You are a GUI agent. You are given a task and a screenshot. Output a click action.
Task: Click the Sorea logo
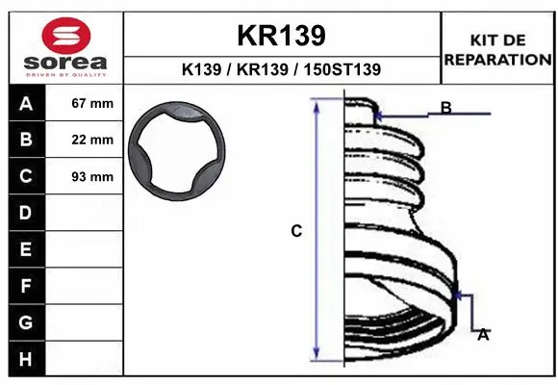[64, 47]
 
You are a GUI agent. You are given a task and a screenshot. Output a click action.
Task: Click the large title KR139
[281, 36]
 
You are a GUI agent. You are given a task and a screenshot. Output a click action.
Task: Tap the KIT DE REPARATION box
[497, 49]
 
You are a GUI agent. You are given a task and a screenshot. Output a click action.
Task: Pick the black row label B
[25, 141]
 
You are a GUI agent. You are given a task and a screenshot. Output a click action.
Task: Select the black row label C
[25, 176]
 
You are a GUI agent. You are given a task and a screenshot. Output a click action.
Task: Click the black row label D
[25, 213]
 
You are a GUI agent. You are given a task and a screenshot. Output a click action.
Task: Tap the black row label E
[25, 249]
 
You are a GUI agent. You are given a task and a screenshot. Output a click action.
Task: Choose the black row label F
[25, 286]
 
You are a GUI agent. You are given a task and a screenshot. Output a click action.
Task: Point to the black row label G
[25, 322]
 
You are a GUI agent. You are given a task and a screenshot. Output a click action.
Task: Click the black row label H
[25, 359]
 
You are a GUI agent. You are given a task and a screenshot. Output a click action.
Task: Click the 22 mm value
[92, 141]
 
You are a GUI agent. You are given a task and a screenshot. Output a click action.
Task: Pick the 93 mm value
[92, 177]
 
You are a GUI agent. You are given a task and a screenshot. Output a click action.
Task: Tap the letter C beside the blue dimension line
[296, 231]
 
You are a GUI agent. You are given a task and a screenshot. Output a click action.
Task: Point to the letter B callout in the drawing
[446, 108]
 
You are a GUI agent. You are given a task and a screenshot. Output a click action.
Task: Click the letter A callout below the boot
[483, 334]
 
